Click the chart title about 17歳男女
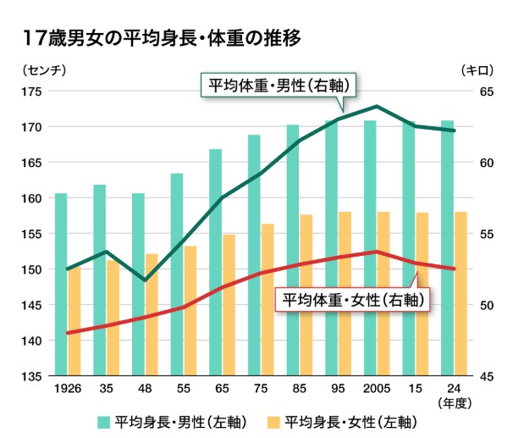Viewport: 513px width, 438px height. [162, 37]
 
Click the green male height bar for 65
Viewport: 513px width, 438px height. [215, 263]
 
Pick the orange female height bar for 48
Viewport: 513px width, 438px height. [152, 313]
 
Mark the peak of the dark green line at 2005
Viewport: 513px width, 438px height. [377, 107]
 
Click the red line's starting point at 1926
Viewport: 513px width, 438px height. [68, 333]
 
